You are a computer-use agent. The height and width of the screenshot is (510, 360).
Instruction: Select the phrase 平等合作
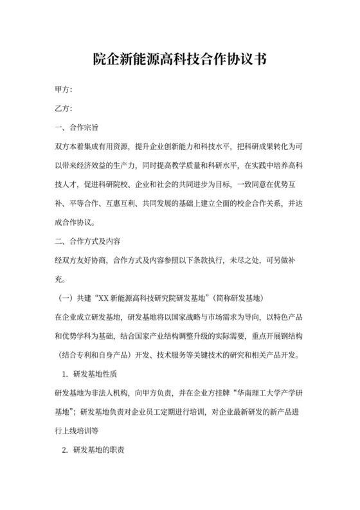click(86, 203)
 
